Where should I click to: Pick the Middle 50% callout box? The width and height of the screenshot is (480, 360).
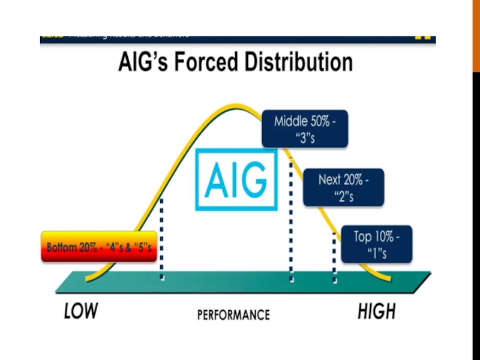click(305, 130)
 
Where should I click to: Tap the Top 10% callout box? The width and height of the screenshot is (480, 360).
click(377, 244)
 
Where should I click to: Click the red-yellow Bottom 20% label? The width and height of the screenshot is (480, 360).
click(99, 247)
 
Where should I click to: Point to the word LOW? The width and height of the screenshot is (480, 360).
click(81, 311)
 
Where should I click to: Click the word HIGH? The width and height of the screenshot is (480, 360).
click(376, 311)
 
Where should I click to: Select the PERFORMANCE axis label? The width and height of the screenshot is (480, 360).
click(233, 314)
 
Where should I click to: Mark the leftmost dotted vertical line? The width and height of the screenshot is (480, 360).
click(162, 240)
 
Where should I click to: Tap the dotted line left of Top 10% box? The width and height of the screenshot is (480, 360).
click(334, 258)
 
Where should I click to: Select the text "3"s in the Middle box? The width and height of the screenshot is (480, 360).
click(305, 137)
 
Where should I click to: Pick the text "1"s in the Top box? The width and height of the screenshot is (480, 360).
click(377, 253)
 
